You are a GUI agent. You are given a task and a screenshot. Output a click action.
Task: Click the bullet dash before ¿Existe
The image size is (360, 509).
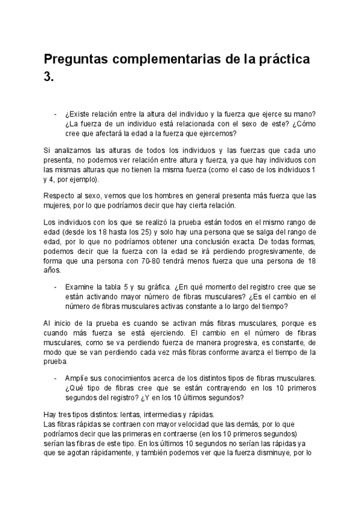pos(56,115)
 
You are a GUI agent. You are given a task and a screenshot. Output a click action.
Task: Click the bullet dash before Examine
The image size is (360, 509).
pos(56,288)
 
